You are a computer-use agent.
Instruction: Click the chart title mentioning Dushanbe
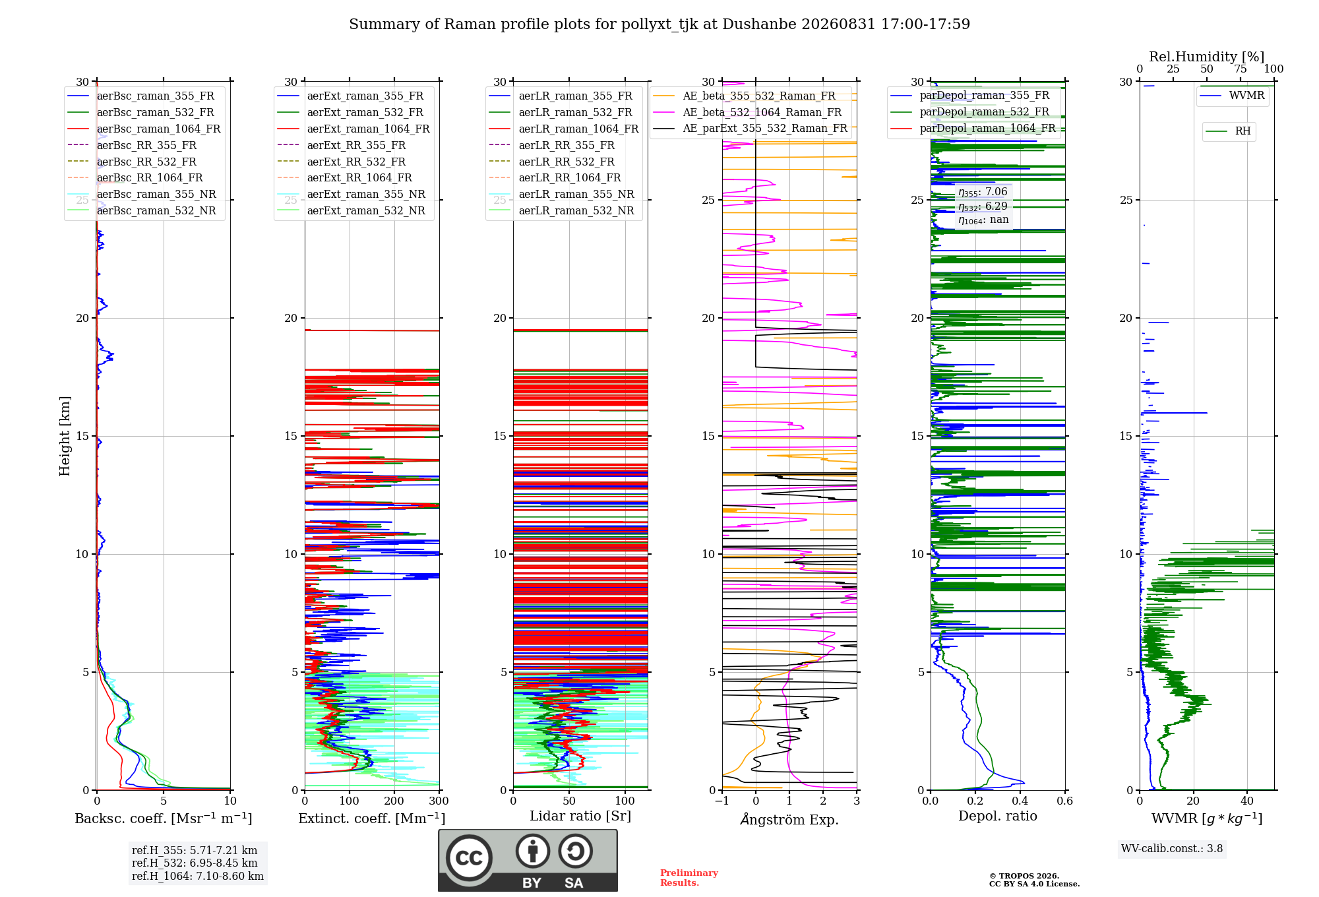[x=659, y=24]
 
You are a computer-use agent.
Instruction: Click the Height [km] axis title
[x=65, y=436]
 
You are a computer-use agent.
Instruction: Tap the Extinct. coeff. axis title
[x=372, y=819]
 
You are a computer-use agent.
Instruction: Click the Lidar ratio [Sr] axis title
[x=580, y=817]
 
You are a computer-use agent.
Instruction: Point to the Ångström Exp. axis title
[x=789, y=819]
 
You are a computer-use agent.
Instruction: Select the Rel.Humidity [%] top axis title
[x=1207, y=57]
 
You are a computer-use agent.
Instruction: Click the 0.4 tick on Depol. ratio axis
[x=1020, y=801]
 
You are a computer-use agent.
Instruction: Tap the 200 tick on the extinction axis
[x=394, y=801]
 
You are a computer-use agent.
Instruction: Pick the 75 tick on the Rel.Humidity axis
[x=1241, y=69]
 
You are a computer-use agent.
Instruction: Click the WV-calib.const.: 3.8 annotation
[x=1172, y=849]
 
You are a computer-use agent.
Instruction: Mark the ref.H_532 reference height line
[x=195, y=863]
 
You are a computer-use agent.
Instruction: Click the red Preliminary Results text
[x=689, y=878]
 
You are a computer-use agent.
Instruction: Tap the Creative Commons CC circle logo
[x=469, y=858]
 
